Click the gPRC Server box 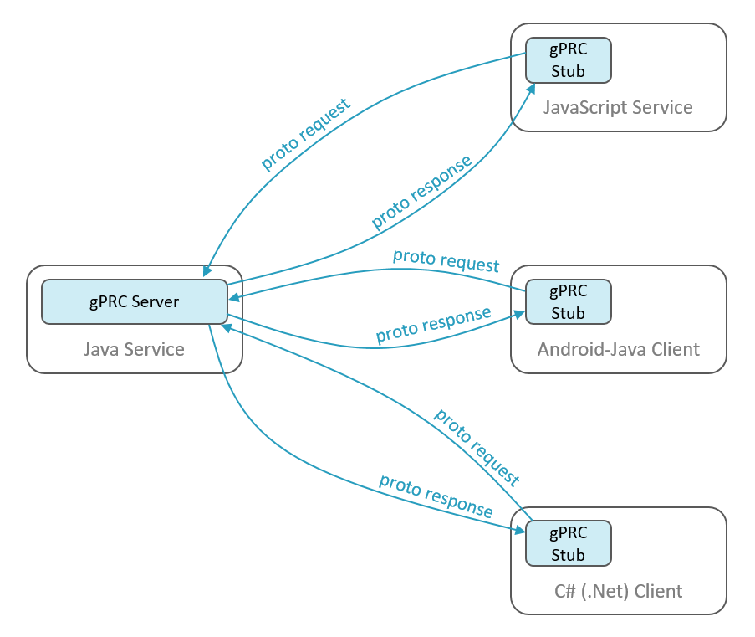coord(135,301)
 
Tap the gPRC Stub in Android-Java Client coord(569,302)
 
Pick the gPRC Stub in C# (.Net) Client coord(569,543)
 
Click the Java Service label coord(134,349)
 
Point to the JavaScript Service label coord(618,108)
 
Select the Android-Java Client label coord(618,349)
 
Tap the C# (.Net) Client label coord(618,591)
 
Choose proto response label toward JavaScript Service coord(421,193)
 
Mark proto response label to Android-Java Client coord(433,326)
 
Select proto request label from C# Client coord(477,447)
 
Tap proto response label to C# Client coord(436,496)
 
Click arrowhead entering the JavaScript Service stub coord(530,87)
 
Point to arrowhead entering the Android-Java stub coord(518,314)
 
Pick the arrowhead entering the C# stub coord(518,530)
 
